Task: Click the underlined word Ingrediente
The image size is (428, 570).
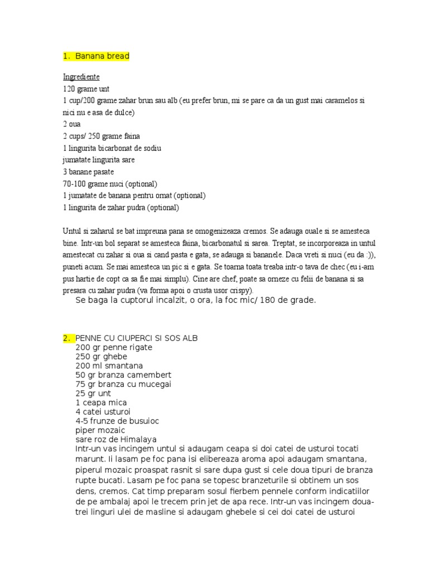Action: (81, 77)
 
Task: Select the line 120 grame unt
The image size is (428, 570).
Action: (86, 89)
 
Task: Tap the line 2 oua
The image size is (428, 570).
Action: (72, 124)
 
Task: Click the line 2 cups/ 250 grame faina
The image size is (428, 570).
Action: (102, 136)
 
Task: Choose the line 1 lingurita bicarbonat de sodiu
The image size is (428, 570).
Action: (113, 148)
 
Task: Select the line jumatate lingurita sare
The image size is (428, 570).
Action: (99, 160)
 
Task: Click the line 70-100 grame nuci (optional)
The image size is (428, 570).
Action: (110, 183)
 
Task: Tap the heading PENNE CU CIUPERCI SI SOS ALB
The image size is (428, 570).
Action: (136, 338)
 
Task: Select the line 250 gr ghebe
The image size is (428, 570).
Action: (101, 357)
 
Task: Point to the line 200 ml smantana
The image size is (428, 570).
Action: (109, 366)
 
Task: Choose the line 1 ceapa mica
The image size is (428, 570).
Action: (101, 402)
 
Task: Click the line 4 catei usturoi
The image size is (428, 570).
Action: (103, 411)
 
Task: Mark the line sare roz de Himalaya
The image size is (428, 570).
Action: (116, 439)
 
